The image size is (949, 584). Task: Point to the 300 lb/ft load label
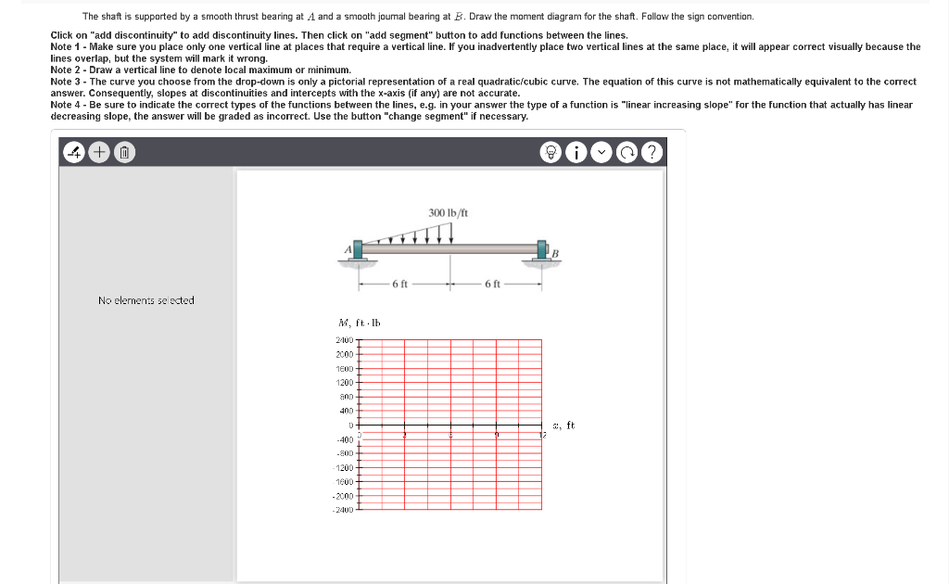click(x=449, y=213)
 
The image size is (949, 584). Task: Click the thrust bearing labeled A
click(x=357, y=249)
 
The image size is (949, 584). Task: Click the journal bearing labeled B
click(x=544, y=249)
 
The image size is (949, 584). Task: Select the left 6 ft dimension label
click(x=400, y=284)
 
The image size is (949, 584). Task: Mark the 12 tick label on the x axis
click(x=544, y=434)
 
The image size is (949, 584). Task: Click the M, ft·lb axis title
click(x=361, y=323)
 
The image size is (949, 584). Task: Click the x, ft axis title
click(x=563, y=425)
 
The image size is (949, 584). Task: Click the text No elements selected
click(x=146, y=300)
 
